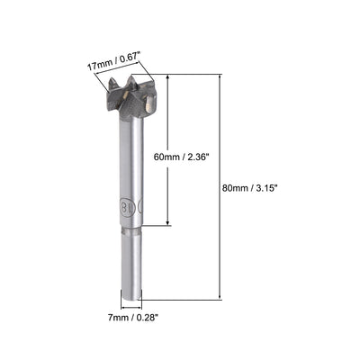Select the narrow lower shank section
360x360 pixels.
[131, 265]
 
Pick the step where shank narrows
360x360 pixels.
[131, 231]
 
